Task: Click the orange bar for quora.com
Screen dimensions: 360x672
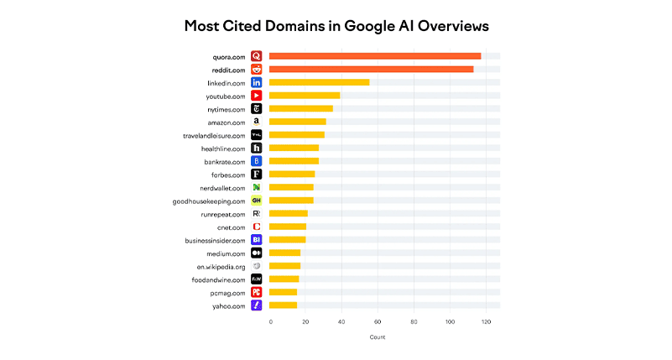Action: coord(374,56)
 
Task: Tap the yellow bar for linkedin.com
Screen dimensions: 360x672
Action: coord(319,82)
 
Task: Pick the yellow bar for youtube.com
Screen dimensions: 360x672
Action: coord(305,96)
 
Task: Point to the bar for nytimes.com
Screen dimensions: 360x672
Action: coord(300,108)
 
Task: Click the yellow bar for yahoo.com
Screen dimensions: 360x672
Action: coord(283,305)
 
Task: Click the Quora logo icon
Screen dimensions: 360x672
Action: coord(257,56)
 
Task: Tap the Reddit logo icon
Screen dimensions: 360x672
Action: coord(257,69)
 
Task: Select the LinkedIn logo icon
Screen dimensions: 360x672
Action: coord(257,82)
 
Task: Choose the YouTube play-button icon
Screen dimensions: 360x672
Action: coord(257,96)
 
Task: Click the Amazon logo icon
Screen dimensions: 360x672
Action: coord(257,122)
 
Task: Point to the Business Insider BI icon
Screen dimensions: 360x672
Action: coord(257,240)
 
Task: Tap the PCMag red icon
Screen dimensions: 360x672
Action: coord(257,292)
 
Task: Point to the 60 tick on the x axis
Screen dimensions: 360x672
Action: coord(378,321)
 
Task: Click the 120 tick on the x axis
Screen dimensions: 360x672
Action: coord(485,321)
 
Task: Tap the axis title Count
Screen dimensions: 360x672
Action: coord(378,337)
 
